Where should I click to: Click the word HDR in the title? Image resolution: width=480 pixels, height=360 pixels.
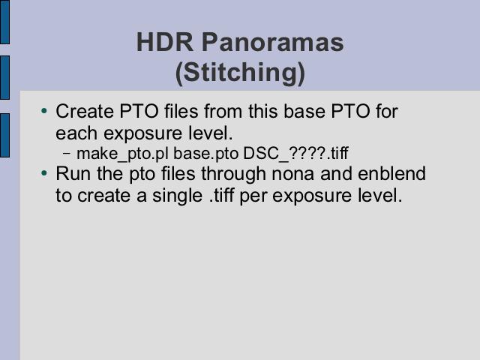click(x=165, y=42)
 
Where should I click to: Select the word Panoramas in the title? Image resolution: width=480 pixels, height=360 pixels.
click(x=273, y=42)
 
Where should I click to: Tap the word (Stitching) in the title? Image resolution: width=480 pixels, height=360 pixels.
click(x=240, y=73)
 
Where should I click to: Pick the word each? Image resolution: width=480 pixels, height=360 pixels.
click(x=76, y=133)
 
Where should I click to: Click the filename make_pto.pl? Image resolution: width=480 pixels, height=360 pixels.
click(x=123, y=153)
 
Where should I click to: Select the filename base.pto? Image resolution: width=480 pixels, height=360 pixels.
click(x=205, y=153)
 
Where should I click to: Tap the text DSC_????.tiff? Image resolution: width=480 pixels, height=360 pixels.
click(x=295, y=153)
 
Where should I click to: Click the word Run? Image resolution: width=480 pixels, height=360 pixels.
click(x=73, y=173)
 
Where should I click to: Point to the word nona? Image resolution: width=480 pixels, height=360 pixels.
click(x=292, y=174)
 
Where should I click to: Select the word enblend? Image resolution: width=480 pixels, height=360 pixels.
click(x=391, y=173)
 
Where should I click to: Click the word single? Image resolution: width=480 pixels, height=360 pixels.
click(x=177, y=196)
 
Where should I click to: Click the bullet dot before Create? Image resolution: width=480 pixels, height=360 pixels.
click(x=44, y=110)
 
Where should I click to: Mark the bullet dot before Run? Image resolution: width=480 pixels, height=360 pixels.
click(x=44, y=173)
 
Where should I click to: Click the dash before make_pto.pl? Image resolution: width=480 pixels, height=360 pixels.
click(x=67, y=153)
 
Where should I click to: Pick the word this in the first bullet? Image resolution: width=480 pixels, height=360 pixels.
click(x=263, y=111)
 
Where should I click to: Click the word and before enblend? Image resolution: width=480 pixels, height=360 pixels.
click(x=335, y=173)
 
